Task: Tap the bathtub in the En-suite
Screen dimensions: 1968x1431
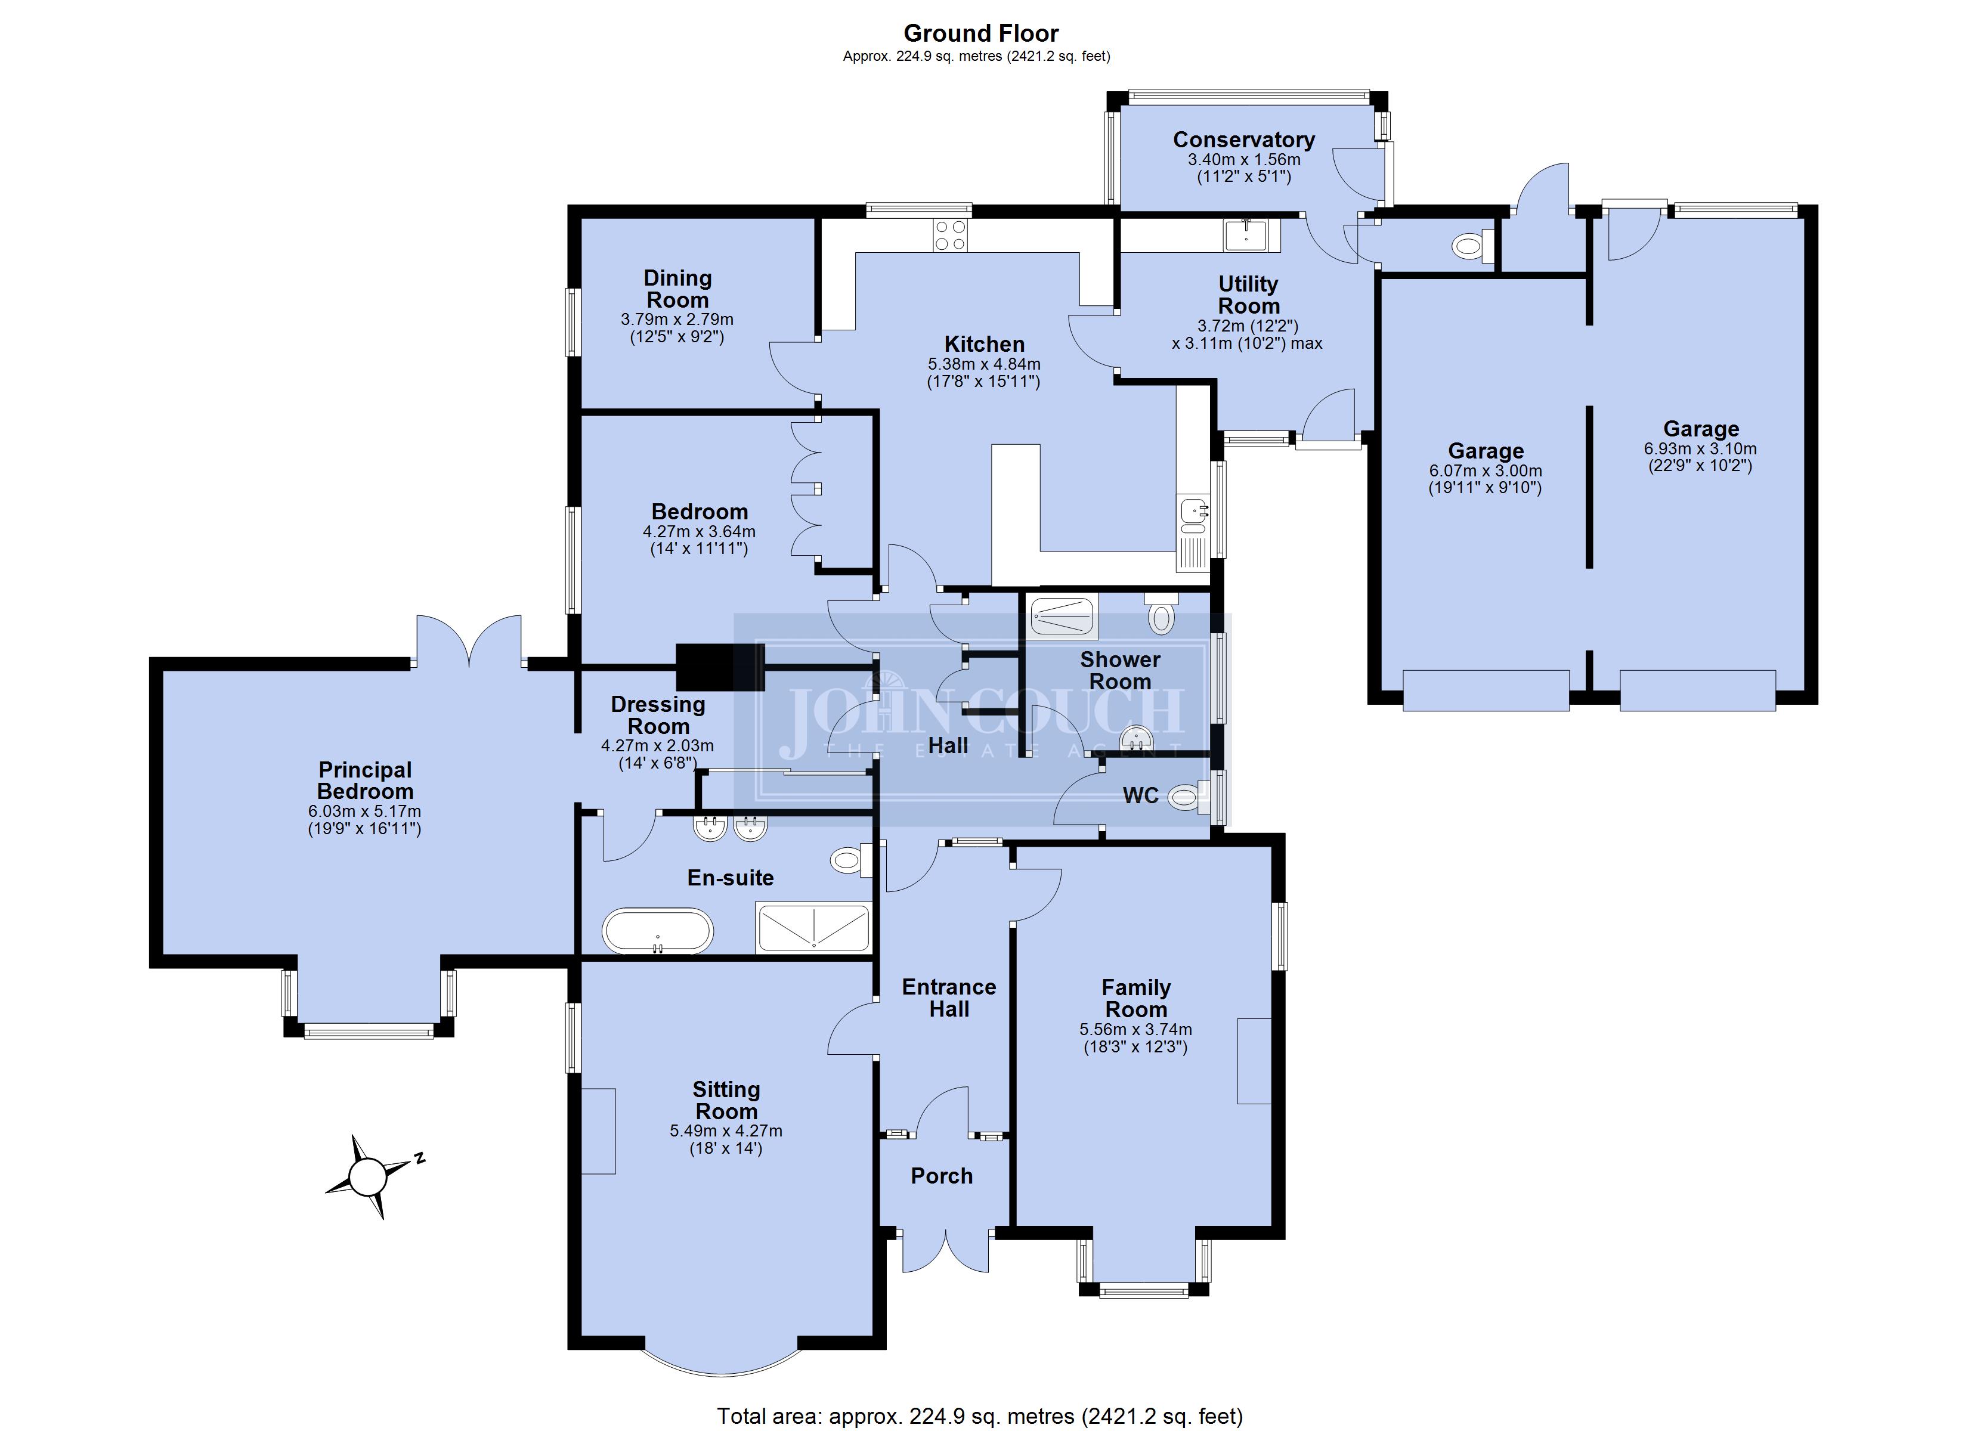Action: click(x=658, y=931)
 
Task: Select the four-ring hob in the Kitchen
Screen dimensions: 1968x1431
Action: click(x=950, y=235)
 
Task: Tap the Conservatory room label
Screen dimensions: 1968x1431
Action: click(x=1243, y=140)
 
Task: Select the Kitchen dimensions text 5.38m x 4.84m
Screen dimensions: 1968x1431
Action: click(x=984, y=364)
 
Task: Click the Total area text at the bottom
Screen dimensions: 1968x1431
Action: click(x=980, y=1416)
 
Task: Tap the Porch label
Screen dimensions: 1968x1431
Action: click(x=942, y=1176)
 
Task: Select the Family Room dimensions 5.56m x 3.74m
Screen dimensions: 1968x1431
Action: click(x=1135, y=1029)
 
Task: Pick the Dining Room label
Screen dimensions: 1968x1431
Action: click(x=677, y=289)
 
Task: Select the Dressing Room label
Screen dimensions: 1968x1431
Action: click(x=658, y=715)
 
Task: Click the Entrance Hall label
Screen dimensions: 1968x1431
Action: click(x=948, y=998)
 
